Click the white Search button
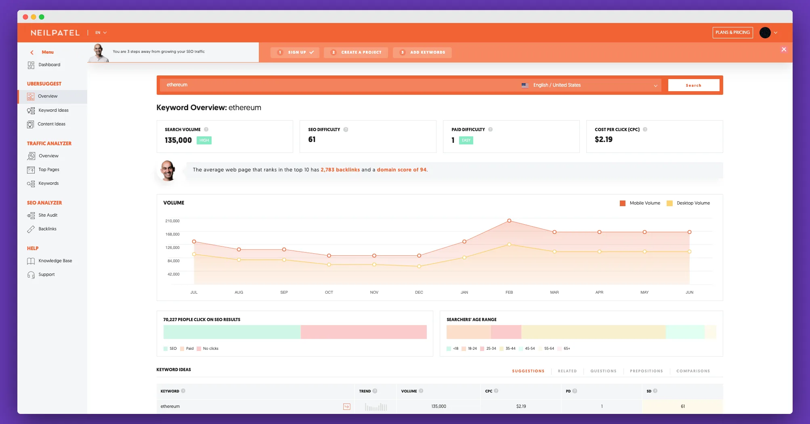(693, 85)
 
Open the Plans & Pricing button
(732, 33)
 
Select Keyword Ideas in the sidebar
(53, 110)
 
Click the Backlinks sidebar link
(47, 229)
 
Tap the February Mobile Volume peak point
(509, 221)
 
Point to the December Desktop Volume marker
(419, 266)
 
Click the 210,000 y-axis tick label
(172, 221)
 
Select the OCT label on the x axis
(329, 292)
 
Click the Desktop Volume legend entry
(693, 203)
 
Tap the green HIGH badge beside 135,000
(204, 140)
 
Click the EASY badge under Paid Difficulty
(466, 140)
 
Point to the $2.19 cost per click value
(603, 140)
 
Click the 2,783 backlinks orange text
(340, 170)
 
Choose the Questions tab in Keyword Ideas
(603, 371)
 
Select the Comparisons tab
(693, 371)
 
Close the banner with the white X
(784, 50)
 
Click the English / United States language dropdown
(590, 85)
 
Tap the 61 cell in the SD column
(682, 406)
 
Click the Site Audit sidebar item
(48, 215)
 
